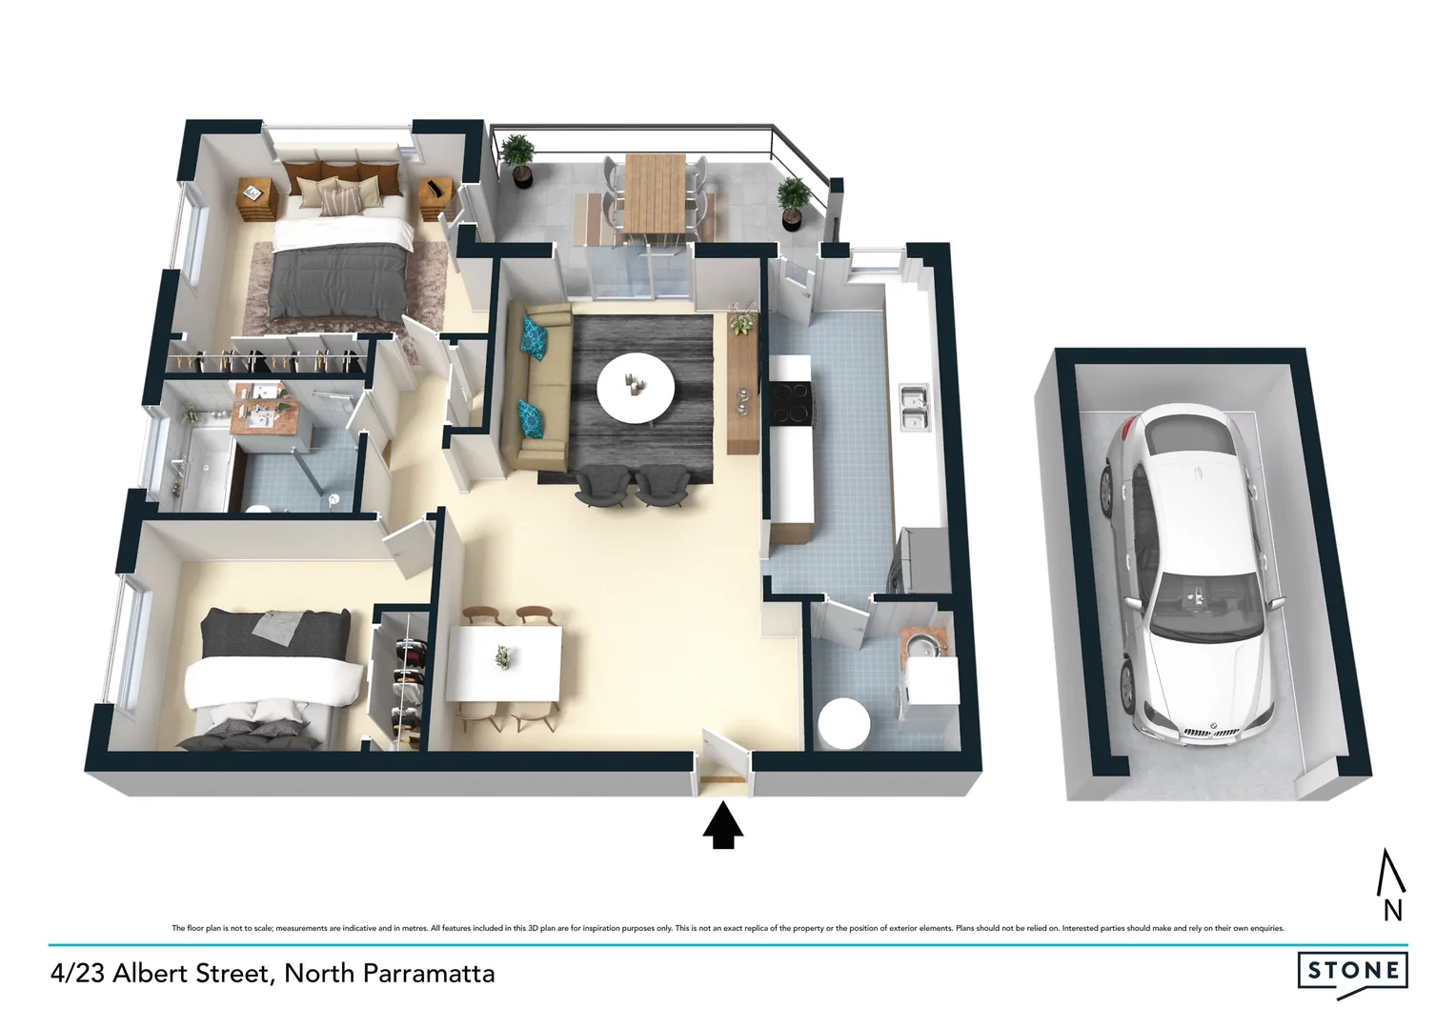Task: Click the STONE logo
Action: [x=1352, y=972]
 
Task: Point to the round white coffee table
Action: [x=636, y=388]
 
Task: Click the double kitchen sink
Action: [x=916, y=407]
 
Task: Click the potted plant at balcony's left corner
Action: [x=517, y=158]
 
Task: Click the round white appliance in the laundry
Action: [x=842, y=725]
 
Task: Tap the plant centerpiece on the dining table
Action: [x=501, y=656]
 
